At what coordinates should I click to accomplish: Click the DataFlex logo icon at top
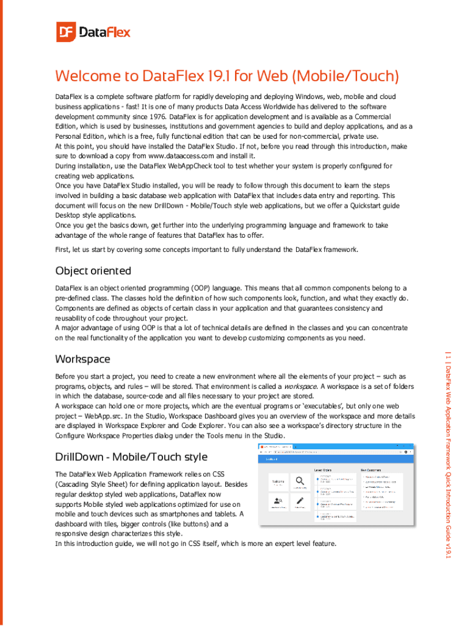pyautogui.click(x=65, y=32)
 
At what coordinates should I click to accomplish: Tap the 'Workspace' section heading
pyautogui.click(x=82, y=358)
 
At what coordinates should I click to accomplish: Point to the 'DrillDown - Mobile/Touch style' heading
pyautogui.click(x=131, y=457)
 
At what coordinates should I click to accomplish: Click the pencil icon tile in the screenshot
pyautogui.click(x=299, y=502)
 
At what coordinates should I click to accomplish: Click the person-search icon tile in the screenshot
pyautogui.click(x=278, y=502)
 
